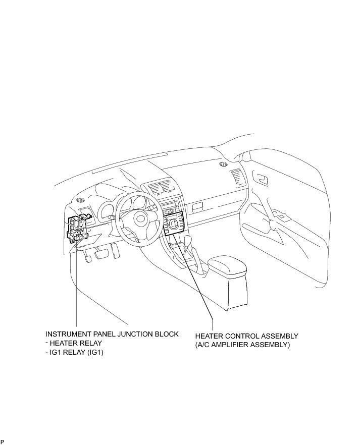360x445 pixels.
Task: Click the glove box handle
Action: coord(198,206)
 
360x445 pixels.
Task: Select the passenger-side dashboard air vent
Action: coord(236,178)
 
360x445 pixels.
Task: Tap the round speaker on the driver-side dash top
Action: coord(81,200)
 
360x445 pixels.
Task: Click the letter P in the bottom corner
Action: coord(3,441)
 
